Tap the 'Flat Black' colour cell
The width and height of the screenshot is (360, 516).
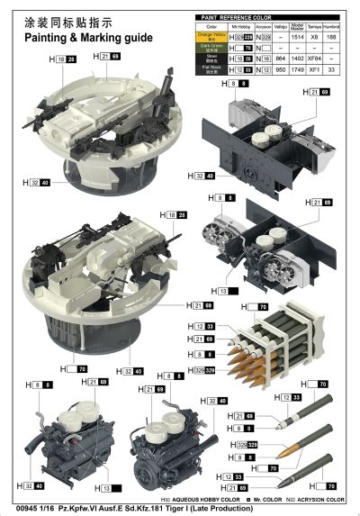(208, 67)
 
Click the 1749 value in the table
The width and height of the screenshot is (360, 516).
(297, 67)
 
